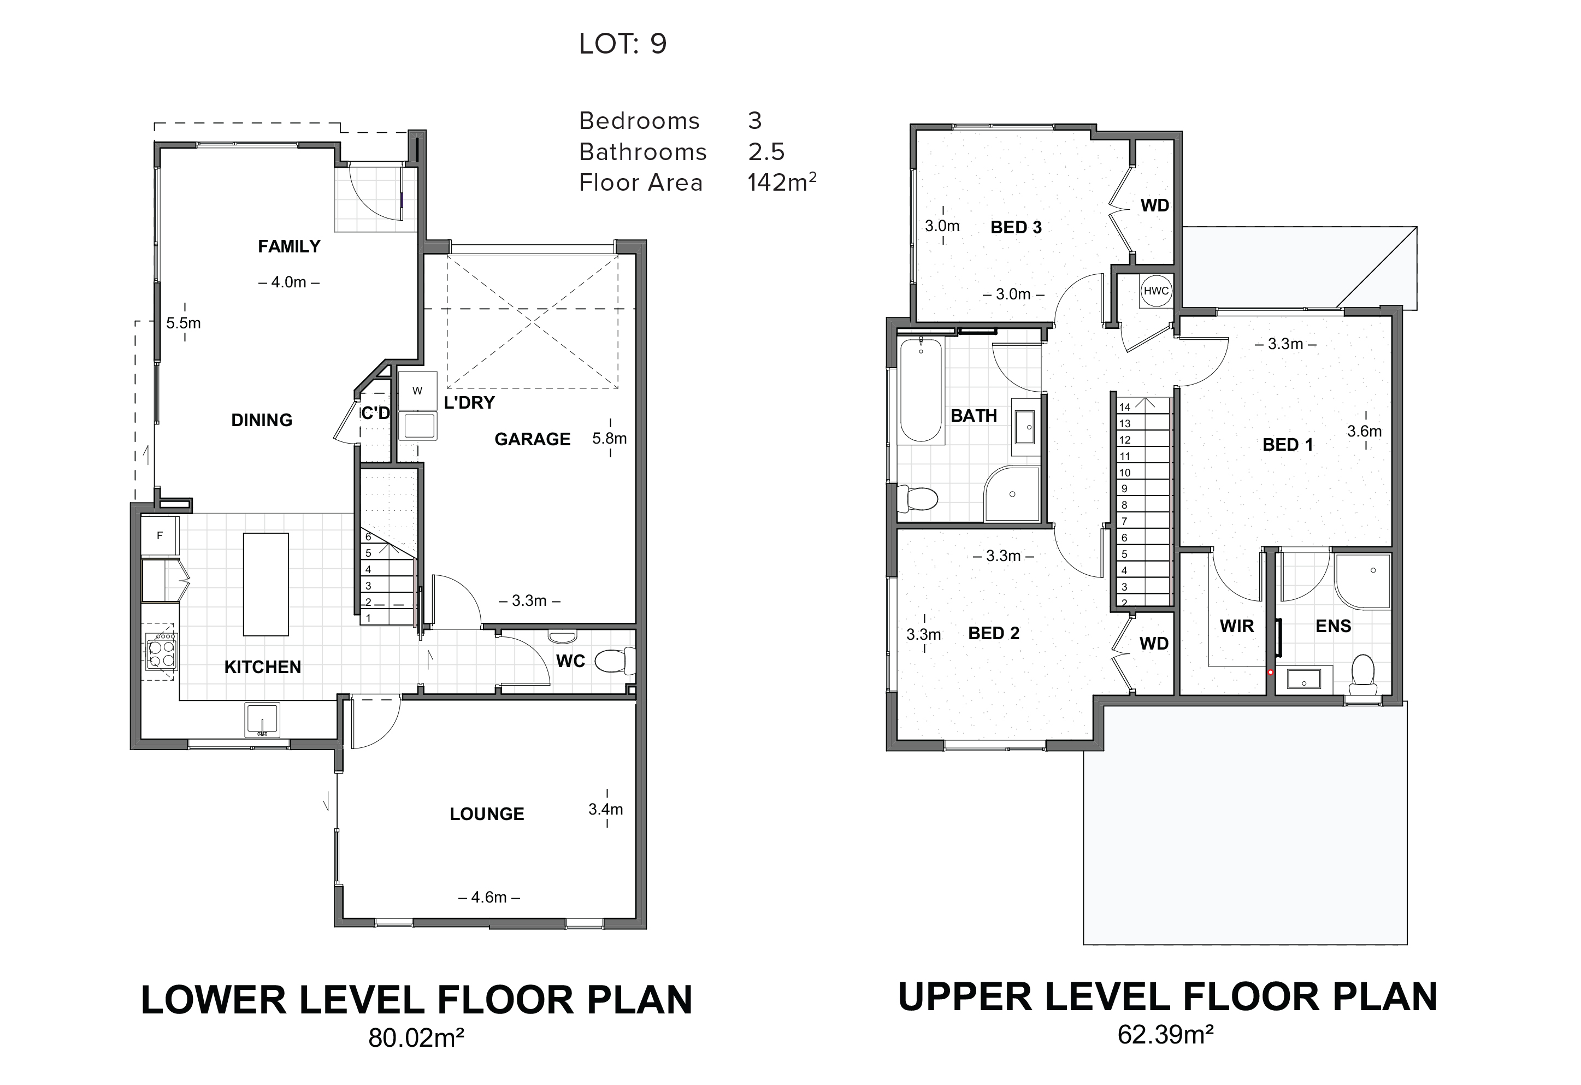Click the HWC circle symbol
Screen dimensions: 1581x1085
point(1156,291)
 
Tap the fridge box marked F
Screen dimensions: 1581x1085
point(160,536)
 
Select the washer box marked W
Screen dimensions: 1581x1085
point(417,391)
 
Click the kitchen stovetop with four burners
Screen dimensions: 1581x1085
point(162,652)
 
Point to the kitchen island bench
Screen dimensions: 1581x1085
point(266,585)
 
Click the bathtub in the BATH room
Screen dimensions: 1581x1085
point(921,391)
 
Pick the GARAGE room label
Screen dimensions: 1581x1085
point(532,439)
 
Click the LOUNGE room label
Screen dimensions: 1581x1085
point(487,814)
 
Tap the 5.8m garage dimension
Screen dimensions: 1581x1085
point(610,439)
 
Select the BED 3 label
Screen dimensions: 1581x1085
point(1016,227)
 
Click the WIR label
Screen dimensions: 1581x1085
point(1237,626)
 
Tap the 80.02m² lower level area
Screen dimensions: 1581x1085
point(416,1038)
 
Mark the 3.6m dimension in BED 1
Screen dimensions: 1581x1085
point(1365,431)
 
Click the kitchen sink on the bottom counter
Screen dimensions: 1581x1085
point(262,720)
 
